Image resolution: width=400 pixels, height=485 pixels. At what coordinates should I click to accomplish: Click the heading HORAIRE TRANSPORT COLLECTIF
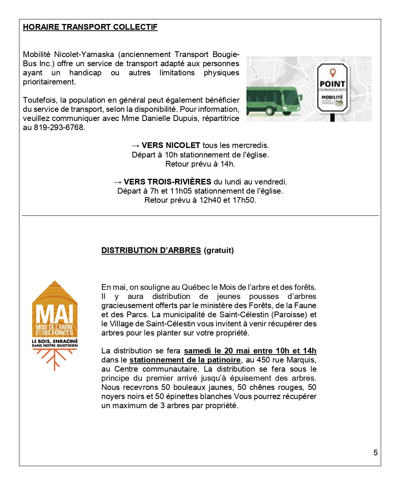point(90,27)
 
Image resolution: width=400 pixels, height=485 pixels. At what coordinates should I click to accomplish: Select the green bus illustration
point(274,100)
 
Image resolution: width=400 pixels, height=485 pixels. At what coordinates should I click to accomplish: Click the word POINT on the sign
point(332,84)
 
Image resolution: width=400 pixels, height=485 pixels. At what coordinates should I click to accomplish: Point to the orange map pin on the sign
point(333,72)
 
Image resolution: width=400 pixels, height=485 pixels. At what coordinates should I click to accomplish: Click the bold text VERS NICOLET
point(171,145)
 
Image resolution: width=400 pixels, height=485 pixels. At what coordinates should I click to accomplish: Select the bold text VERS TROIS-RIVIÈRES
point(167,182)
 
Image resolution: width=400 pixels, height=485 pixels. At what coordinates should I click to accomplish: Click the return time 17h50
point(244,200)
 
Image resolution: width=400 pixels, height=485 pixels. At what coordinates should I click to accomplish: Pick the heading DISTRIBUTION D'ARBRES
point(151,250)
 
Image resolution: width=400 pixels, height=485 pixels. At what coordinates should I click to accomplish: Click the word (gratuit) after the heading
point(219,250)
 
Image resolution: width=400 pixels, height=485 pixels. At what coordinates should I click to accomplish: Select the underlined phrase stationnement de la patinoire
point(185,360)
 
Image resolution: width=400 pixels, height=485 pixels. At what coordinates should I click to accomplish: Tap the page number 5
point(375,452)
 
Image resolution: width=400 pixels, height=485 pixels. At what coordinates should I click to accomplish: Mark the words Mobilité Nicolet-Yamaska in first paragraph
point(68,54)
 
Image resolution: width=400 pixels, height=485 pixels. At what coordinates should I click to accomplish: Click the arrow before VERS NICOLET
point(135,145)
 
